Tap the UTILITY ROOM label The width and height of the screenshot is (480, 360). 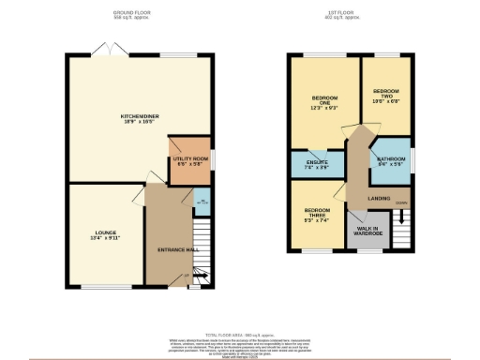(x=190, y=159)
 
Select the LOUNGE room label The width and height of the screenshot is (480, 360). (x=104, y=232)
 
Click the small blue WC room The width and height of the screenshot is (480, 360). (x=201, y=202)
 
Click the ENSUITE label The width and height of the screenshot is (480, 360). (x=316, y=163)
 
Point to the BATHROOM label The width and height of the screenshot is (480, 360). (x=390, y=159)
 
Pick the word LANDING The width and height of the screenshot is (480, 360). (x=379, y=199)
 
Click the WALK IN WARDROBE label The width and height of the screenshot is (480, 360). (x=365, y=231)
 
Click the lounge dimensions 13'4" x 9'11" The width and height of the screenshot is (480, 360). (x=104, y=238)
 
